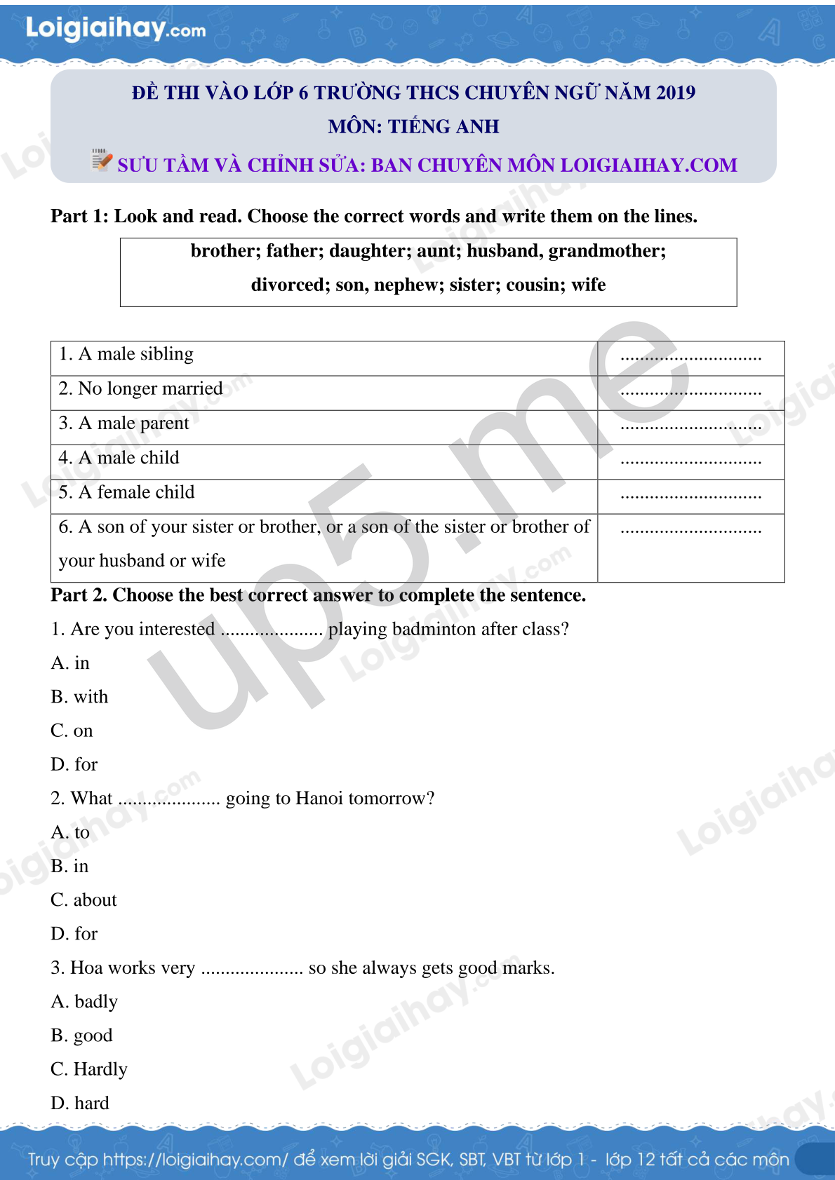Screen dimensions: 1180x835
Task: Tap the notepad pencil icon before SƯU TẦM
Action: (102, 160)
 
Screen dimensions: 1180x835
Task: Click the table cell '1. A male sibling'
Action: (126, 354)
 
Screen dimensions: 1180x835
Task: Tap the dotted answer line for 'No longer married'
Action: (690, 393)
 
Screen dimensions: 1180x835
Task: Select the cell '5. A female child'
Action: (127, 492)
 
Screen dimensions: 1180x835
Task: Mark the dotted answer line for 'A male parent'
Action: (690, 427)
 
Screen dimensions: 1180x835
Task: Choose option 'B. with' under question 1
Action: (79, 697)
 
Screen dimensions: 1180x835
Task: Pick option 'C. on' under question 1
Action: (72, 731)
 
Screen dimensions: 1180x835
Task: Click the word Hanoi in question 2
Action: (319, 799)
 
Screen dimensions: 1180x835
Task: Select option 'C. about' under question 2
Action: (83, 900)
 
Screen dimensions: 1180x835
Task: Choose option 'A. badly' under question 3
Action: (84, 1002)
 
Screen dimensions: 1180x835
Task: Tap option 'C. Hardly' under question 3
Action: (89, 1070)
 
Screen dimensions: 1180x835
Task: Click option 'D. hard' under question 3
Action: (80, 1104)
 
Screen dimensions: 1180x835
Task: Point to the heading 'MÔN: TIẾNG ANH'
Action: (413, 127)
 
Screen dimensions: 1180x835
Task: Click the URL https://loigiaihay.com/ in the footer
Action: (195, 1160)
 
